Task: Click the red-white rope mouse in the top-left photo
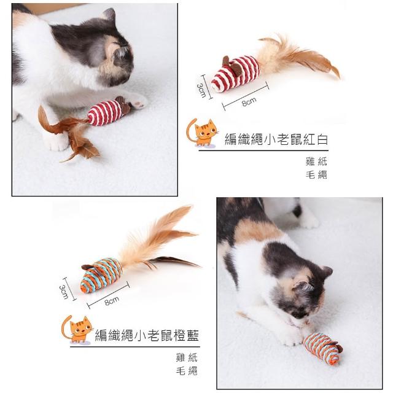(108, 112)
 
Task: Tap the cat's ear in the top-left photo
(109, 15)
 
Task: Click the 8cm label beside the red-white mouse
(249, 101)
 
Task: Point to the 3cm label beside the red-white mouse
(201, 90)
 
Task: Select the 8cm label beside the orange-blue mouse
(112, 301)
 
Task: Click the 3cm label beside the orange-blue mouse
(64, 292)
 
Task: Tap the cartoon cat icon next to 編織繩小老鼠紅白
(202, 133)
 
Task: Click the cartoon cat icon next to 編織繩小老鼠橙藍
(77, 329)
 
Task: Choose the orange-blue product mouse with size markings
(101, 275)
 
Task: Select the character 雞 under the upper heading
(310, 161)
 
